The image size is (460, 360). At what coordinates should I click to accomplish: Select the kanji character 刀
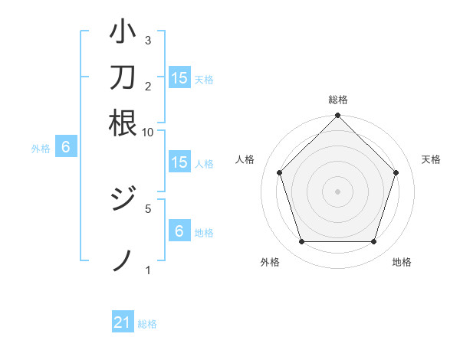click(x=123, y=77)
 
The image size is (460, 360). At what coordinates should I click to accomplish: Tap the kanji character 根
click(x=123, y=123)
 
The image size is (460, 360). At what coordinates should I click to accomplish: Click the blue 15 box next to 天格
click(x=179, y=78)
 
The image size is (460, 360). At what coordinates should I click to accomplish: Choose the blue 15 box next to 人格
click(x=179, y=162)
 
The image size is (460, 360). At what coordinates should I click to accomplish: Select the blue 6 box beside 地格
click(x=179, y=231)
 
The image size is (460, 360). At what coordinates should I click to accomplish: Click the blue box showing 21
click(x=123, y=322)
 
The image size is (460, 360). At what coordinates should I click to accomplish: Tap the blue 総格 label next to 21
click(x=147, y=324)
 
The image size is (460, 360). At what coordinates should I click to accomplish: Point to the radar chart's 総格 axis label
click(x=338, y=100)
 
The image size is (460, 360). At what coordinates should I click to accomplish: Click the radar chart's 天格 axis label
click(x=432, y=159)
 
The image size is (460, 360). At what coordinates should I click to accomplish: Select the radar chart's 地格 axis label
click(x=402, y=263)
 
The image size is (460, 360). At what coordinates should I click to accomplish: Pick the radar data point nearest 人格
click(x=279, y=172)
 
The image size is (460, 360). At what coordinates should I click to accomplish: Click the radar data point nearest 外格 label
click(x=301, y=242)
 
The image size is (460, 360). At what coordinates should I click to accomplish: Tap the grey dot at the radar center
click(x=338, y=191)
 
